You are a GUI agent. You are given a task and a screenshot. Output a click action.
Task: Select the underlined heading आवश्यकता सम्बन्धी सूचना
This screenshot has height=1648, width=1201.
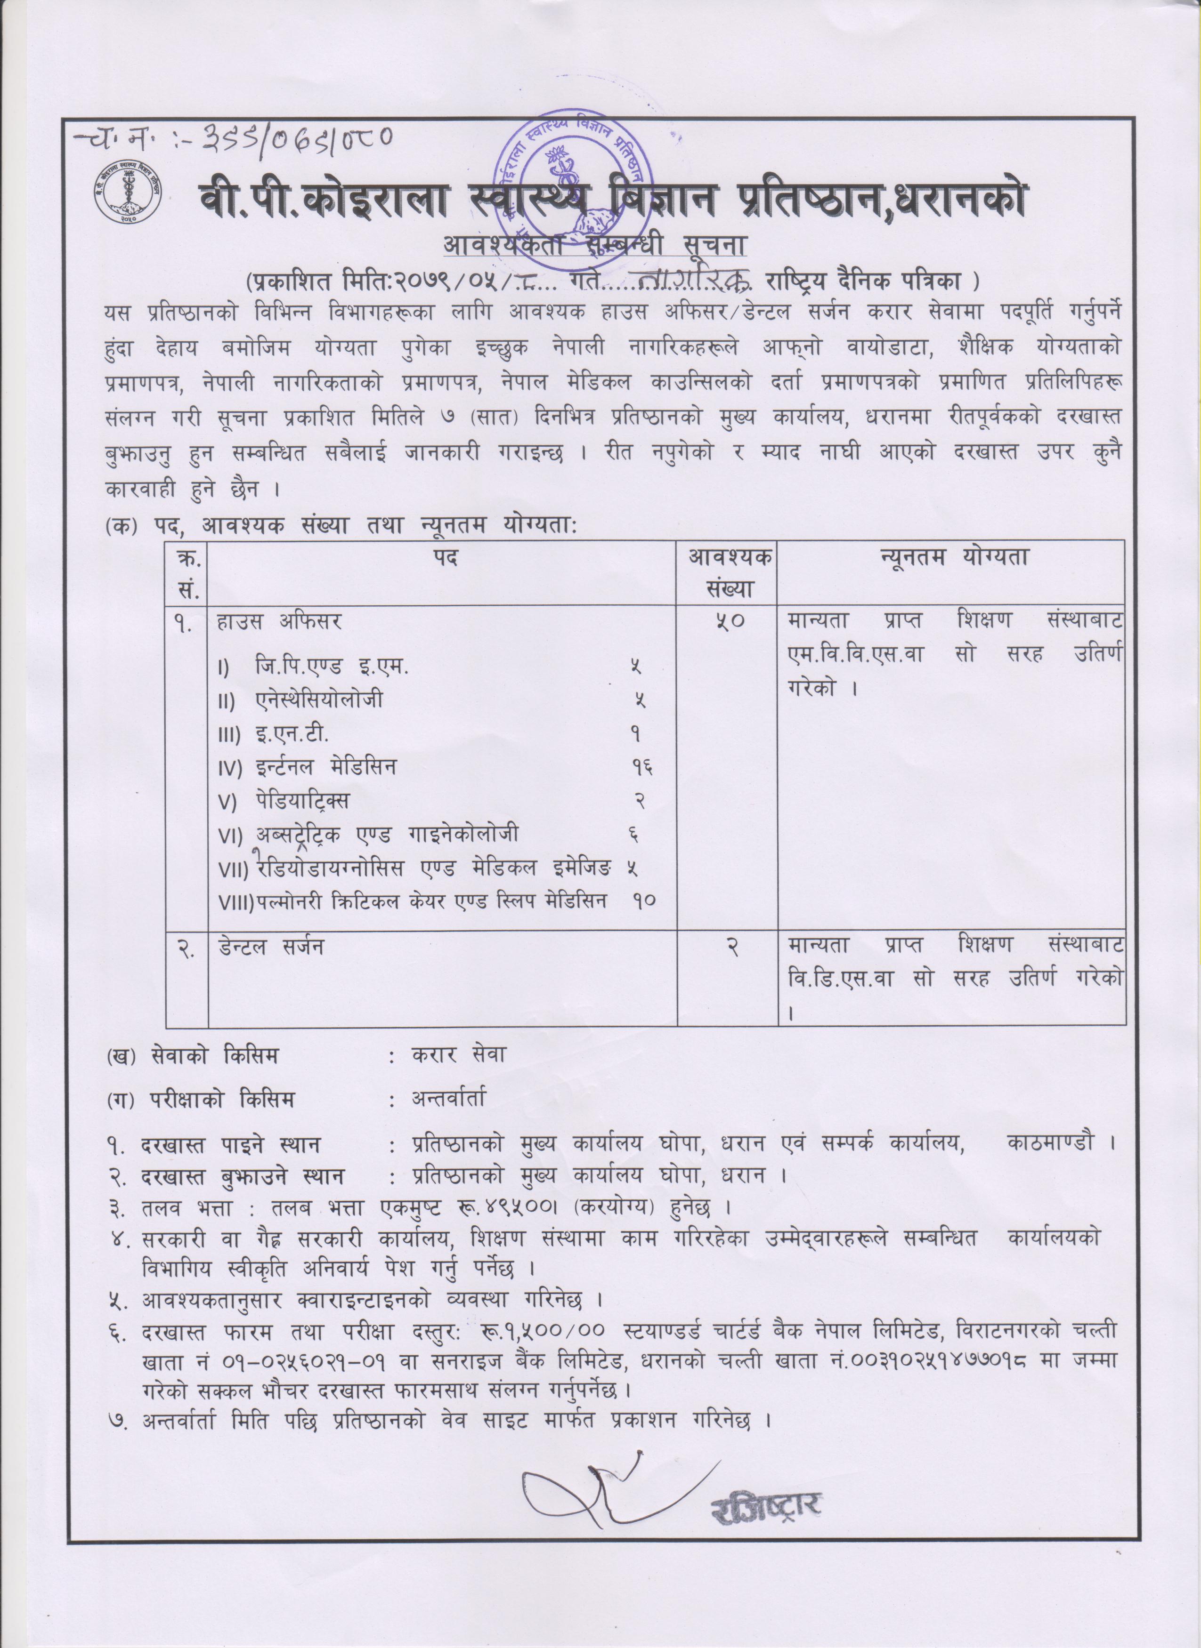595,246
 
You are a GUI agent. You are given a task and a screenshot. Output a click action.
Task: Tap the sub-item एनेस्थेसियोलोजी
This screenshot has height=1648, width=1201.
320,700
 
